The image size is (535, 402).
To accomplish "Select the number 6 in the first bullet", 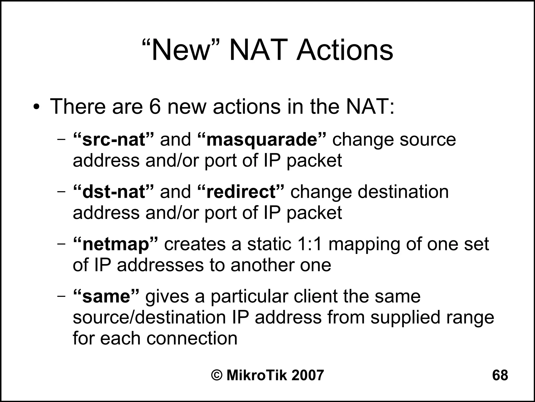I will pyautogui.click(x=155, y=107).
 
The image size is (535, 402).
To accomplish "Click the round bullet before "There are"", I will pyautogui.click(x=37, y=107).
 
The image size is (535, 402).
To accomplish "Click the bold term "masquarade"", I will pyautogui.click(x=262, y=139).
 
